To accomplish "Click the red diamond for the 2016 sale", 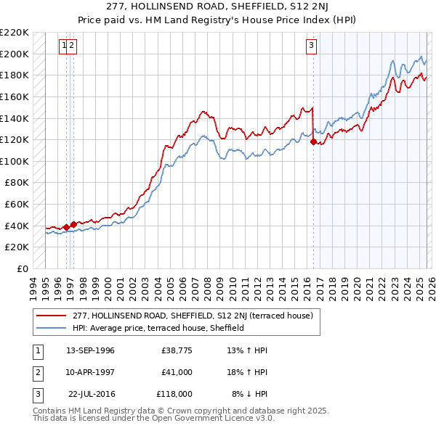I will tap(313, 142).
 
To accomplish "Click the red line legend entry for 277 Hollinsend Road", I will tap(193, 316).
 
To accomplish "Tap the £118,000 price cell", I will tap(174, 394).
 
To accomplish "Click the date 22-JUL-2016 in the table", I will tap(90, 394).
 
